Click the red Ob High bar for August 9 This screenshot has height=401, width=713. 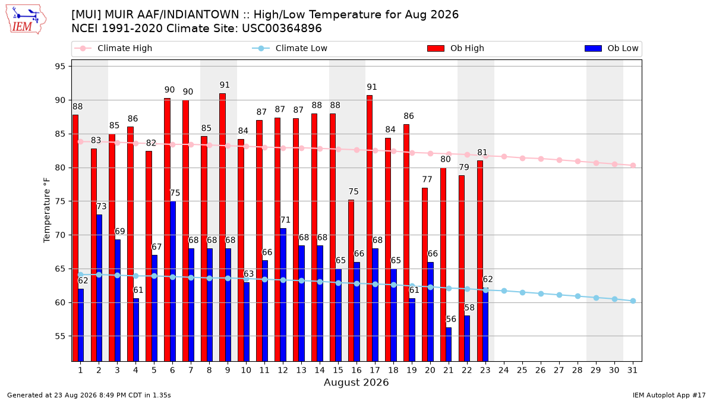222,227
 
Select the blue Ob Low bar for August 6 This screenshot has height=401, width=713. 173,282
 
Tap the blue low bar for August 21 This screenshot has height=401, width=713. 449,345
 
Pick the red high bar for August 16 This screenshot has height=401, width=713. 351,280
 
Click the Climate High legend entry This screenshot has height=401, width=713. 113,48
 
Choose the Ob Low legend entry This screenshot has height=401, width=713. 611,48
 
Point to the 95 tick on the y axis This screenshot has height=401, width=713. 60,67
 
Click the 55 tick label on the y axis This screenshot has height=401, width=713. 60,336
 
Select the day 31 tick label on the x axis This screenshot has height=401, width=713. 632,371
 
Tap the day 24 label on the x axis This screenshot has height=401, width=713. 504,371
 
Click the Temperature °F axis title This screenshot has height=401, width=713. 47,211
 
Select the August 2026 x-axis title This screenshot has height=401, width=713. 356,382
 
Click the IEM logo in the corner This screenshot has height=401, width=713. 26,20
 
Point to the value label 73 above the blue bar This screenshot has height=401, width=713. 101,207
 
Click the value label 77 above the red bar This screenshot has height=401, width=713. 427,179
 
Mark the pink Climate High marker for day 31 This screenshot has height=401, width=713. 633,166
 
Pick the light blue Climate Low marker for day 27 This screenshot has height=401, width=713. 559,295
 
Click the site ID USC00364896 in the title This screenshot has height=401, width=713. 282,29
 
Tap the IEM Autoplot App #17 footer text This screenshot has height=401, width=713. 669,395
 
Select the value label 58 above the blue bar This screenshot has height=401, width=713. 469,308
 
